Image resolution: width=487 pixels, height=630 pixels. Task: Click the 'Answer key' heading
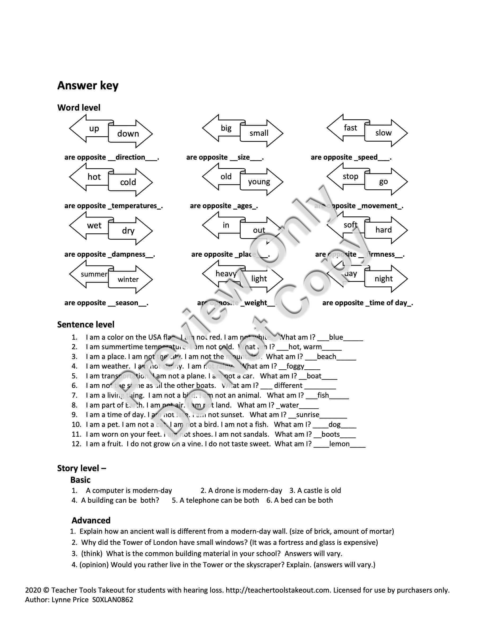[x=88, y=86]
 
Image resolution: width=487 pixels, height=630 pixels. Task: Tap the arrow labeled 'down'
[x=128, y=134]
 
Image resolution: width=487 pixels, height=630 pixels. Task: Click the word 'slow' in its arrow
[x=384, y=133]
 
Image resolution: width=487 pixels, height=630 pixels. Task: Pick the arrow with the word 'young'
[x=259, y=182]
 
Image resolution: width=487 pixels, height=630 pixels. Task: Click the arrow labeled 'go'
[x=384, y=181]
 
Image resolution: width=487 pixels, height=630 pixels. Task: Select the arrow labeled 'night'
[x=384, y=279]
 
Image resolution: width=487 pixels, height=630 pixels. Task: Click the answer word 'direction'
[x=130, y=157]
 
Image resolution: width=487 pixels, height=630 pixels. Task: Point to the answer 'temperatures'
[x=134, y=206]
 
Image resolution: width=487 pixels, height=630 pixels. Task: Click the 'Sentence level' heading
[x=86, y=325]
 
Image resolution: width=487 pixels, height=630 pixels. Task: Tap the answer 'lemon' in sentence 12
[x=339, y=444]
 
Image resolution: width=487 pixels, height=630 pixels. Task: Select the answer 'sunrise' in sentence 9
[x=307, y=414]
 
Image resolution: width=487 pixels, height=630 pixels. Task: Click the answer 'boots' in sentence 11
[x=330, y=434]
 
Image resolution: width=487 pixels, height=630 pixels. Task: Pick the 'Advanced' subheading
[x=91, y=520]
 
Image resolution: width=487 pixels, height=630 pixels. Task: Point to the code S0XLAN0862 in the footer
[x=113, y=600]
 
